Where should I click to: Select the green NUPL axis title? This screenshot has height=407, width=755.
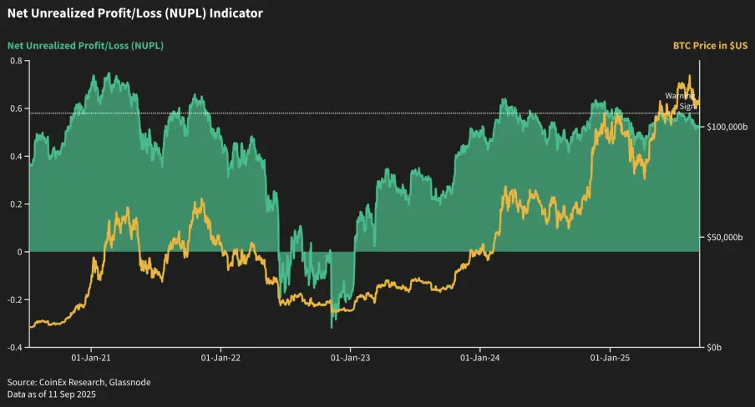coord(85,45)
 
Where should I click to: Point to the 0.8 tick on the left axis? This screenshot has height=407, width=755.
coord(15,61)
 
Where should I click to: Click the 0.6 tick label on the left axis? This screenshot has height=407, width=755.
coord(15,108)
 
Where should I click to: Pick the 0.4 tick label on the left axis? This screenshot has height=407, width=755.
coord(15,156)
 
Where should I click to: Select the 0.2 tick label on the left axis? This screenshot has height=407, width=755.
coord(15,203)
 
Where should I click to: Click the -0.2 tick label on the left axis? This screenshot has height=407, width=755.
coord(13,299)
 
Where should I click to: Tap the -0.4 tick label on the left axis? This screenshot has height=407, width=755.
coord(13,347)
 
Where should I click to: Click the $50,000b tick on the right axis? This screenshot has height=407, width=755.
coord(724,238)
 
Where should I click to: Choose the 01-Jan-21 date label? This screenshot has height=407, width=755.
coord(91,358)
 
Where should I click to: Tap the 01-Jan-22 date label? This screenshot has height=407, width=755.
coord(220,358)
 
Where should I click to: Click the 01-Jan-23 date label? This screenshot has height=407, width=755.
coord(350,358)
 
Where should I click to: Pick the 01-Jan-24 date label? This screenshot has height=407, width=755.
coord(479,358)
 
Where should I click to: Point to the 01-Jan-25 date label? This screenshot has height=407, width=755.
coord(610,358)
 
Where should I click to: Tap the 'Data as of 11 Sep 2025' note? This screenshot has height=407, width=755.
coord(52,394)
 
